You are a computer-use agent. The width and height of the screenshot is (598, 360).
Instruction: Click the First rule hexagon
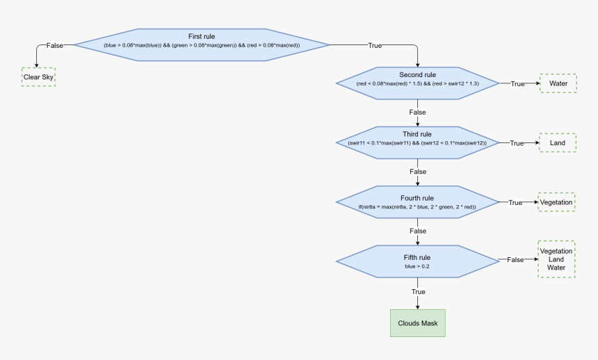202,44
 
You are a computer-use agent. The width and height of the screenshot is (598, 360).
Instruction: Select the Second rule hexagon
417,83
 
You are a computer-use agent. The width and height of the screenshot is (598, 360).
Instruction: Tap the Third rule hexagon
417,142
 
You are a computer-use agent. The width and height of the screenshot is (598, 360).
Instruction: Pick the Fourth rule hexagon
417,202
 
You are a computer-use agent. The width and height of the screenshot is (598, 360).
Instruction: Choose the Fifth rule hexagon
417,261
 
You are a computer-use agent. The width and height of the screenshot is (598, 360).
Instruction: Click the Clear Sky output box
38,77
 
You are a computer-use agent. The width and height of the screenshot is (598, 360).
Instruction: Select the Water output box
558,83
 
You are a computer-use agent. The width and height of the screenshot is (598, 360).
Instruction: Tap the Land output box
558,143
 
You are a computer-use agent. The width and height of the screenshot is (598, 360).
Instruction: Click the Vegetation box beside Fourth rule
556,202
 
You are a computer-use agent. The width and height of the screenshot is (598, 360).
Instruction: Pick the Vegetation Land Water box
556,259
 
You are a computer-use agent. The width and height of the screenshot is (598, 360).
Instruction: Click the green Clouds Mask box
417,323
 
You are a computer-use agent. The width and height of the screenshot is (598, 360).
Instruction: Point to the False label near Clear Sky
54,45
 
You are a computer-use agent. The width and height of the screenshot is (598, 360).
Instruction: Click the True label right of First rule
374,45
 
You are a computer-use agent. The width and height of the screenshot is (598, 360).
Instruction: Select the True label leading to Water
517,83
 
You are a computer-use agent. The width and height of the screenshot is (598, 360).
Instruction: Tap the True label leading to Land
517,143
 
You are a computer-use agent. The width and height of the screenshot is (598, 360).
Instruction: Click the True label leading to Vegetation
515,203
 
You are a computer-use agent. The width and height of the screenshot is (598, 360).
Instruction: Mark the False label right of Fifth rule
515,259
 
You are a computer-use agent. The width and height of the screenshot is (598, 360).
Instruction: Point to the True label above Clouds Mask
418,292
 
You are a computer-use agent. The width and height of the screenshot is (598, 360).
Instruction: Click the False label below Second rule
417,112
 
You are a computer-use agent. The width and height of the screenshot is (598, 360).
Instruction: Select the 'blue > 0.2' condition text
417,266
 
